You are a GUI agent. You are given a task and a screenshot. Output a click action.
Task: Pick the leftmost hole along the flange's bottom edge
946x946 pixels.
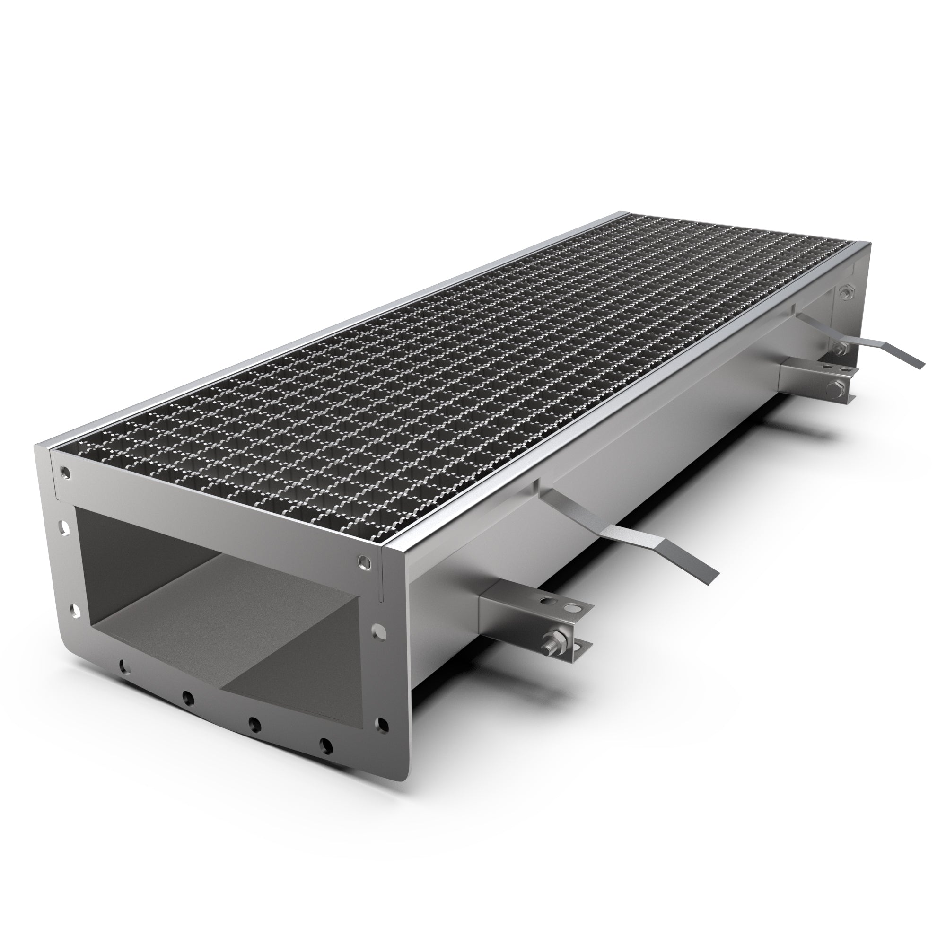pos(122,665)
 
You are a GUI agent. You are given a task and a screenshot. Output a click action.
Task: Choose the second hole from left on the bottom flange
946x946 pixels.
pos(186,696)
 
